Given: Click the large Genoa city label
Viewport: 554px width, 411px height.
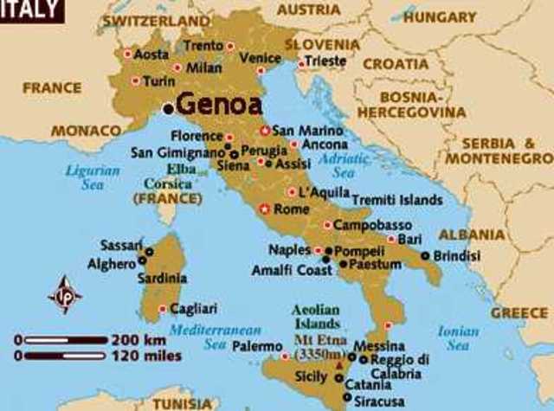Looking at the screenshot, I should [x=217, y=105].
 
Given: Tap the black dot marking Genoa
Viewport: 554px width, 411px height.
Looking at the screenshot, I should [x=168, y=108].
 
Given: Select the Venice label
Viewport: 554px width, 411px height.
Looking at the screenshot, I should [x=260, y=58].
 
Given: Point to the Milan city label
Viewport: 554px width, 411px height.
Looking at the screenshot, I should [x=205, y=67].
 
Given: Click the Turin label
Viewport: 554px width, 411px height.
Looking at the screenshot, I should [x=158, y=81].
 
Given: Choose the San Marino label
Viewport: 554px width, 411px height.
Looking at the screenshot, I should [x=302, y=131].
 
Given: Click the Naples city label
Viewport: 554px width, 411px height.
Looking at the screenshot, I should [x=288, y=249].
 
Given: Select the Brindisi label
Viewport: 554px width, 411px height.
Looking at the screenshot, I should [x=456, y=256].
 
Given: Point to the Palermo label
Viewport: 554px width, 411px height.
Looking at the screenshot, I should [x=257, y=346].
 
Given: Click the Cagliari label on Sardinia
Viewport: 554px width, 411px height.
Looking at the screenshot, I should [x=194, y=308].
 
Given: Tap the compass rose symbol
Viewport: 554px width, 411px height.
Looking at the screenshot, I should [x=65, y=294].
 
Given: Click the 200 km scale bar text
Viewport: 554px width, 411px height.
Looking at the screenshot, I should [x=135, y=339].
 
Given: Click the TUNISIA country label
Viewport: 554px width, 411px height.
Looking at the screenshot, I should [x=183, y=403].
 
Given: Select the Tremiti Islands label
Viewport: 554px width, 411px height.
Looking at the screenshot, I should [x=397, y=199].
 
